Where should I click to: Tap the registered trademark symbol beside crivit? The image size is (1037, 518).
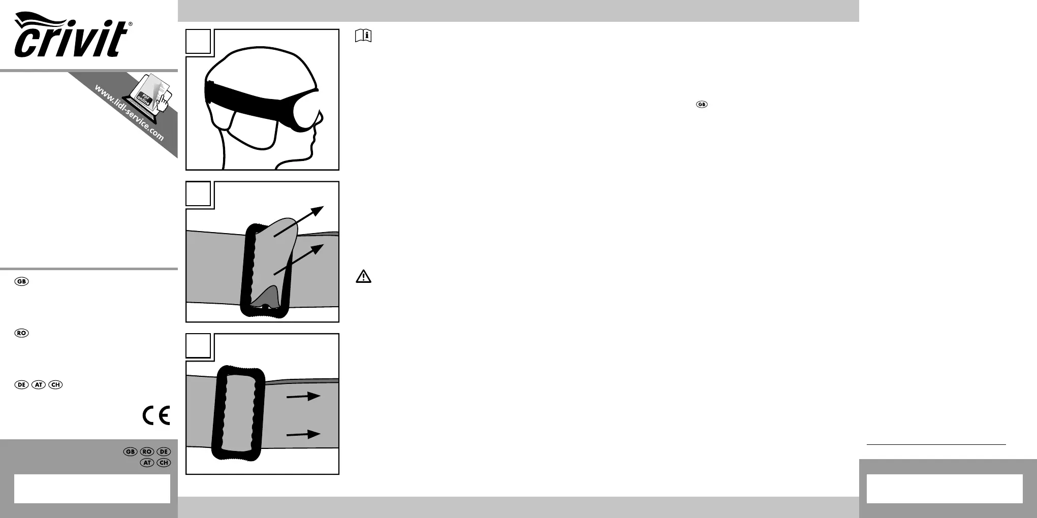pyautogui.click(x=131, y=24)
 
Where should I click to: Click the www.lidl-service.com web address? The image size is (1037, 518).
pyautogui.click(x=129, y=112)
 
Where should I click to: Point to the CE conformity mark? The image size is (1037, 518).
pyautogui.click(x=156, y=415)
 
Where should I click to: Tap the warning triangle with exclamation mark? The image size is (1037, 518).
pyautogui.click(x=363, y=277)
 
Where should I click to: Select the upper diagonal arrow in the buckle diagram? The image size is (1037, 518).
pyautogui.click(x=299, y=221)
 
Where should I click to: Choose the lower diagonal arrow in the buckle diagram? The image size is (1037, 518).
pyautogui.click(x=299, y=260)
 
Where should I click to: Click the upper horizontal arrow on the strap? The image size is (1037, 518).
pyautogui.click(x=303, y=396)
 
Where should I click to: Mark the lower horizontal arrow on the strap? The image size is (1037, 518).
pyautogui.click(x=303, y=434)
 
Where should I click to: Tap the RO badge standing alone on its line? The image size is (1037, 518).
pyautogui.click(x=21, y=333)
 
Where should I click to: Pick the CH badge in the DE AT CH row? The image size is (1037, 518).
pyautogui.click(x=55, y=384)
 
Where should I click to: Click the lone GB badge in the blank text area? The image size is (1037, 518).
pyautogui.click(x=701, y=105)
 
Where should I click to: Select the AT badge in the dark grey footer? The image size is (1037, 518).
pyautogui.click(x=147, y=463)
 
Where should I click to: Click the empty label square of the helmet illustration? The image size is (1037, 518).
pyautogui.click(x=198, y=42)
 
